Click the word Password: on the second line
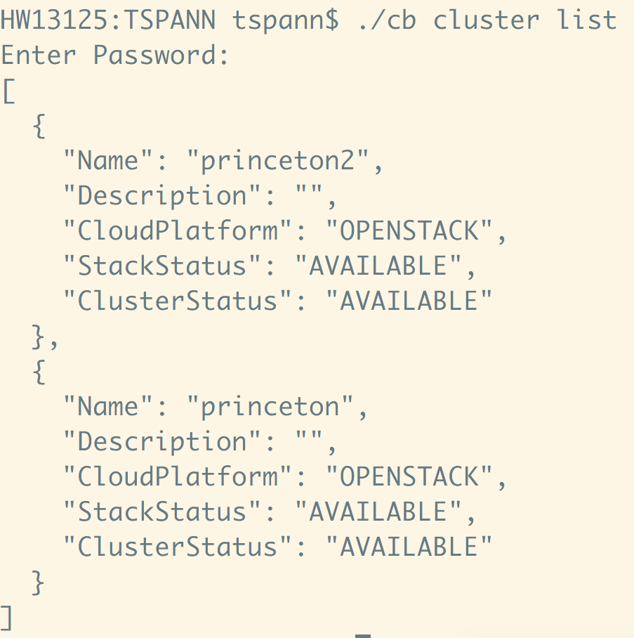(161, 56)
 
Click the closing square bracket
(7, 618)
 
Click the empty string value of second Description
(308, 442)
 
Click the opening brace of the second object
(39, 372)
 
